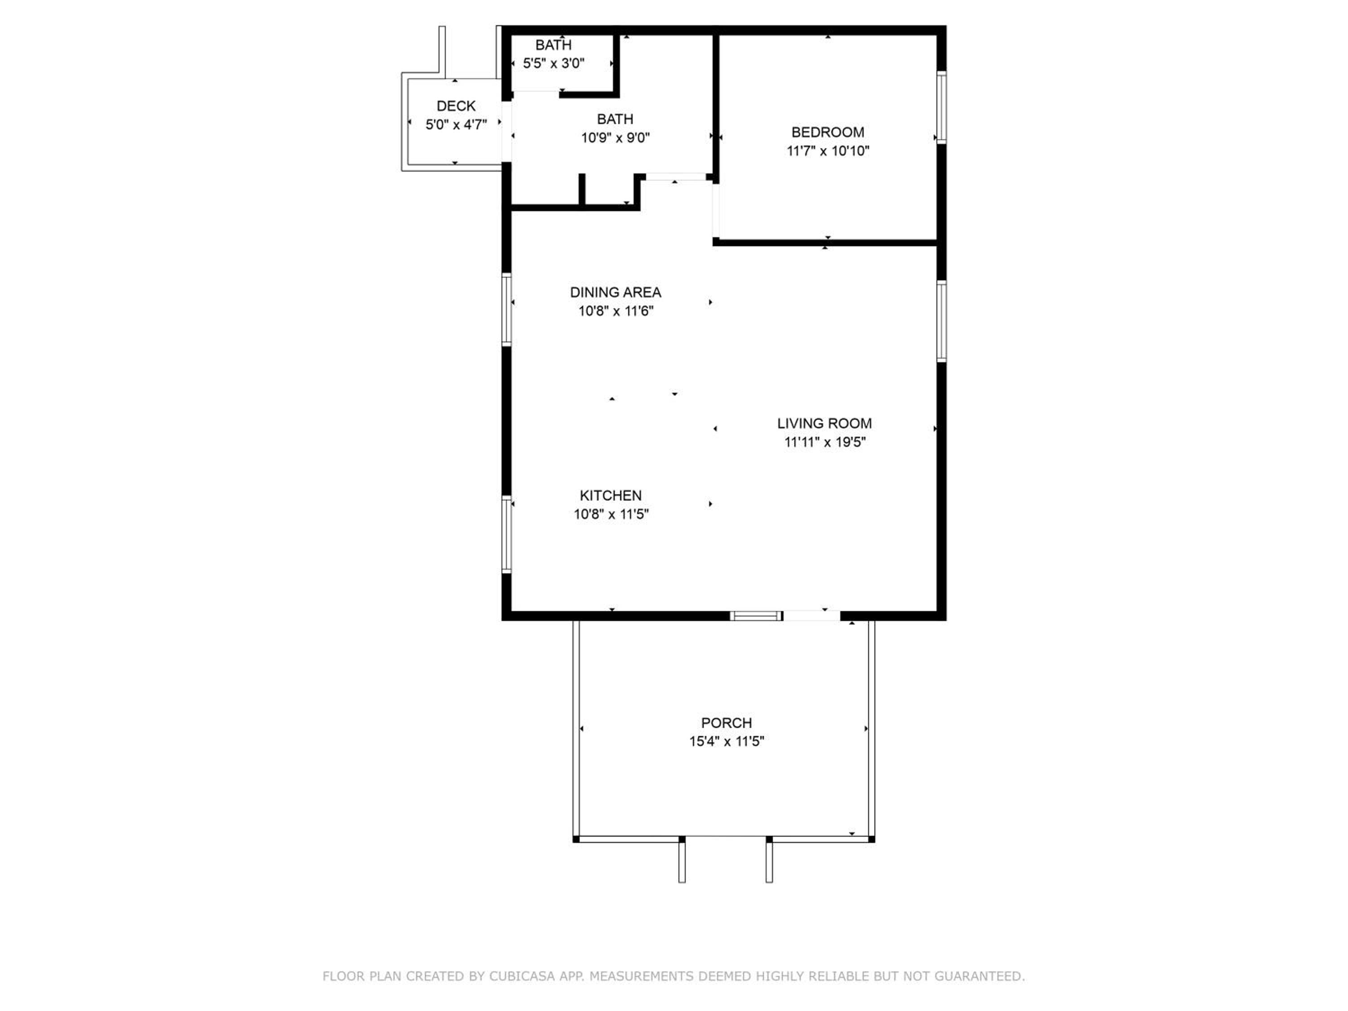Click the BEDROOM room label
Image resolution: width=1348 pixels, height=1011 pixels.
coord(828,132)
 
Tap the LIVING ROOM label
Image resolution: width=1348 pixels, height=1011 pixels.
coord(825,424)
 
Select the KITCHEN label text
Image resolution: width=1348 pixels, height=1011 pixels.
coord(611,496)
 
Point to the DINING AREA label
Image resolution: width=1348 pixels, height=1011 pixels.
coord(616,293)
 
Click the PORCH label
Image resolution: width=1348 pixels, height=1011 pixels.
coord(727,723)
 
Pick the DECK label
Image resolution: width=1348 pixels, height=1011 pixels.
coord(456,106)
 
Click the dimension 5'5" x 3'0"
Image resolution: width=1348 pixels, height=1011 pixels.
coord(553,63)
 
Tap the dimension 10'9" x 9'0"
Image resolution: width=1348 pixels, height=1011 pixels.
coord(616,138)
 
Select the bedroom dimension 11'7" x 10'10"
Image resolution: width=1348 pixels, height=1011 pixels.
coord(828,151)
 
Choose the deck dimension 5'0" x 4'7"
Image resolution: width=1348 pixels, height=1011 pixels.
coord(456,125)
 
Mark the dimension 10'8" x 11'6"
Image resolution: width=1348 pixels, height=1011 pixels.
coord(616,311)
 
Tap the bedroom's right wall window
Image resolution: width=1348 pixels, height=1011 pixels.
coord(941,107)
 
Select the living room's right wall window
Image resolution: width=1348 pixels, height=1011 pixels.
coord(941,321)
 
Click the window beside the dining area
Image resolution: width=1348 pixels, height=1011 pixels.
coord(506,310)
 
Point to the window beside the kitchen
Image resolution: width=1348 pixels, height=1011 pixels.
coord(506,534)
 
